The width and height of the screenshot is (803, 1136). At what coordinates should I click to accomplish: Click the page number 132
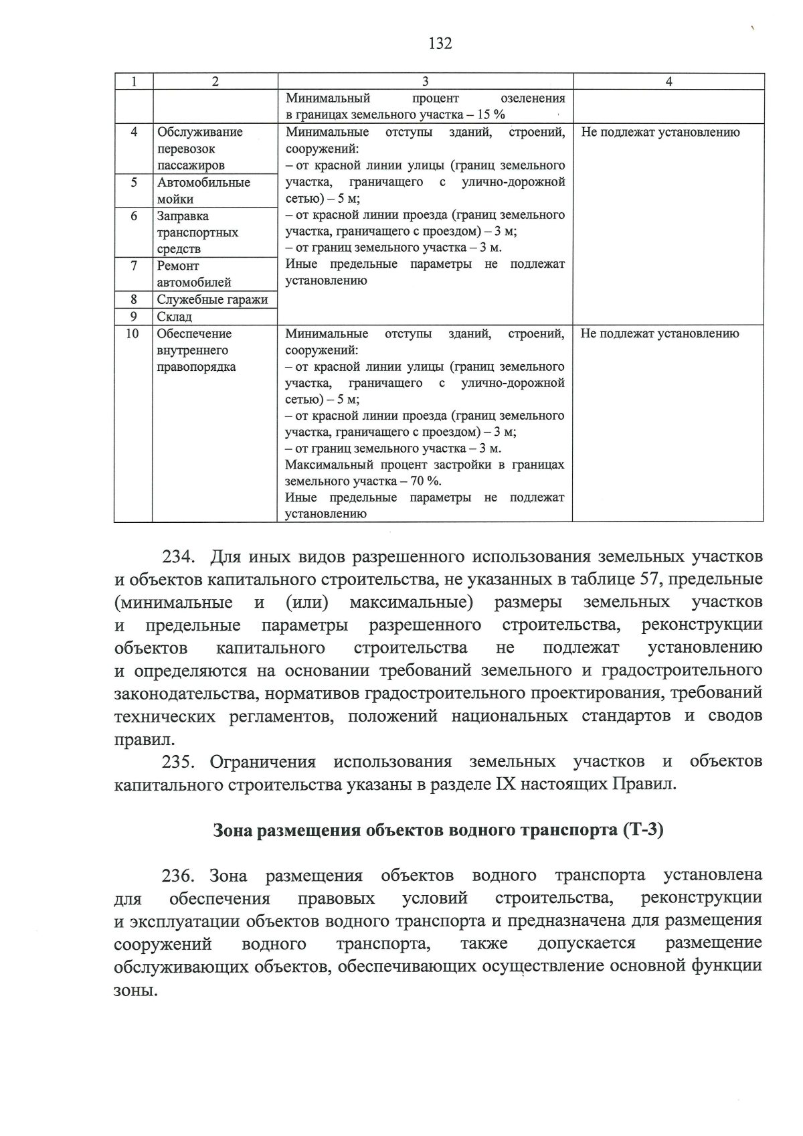point(440,44)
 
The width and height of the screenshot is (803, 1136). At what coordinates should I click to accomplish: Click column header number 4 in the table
point(668,82)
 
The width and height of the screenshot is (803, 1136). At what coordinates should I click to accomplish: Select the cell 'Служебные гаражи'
point(212,300)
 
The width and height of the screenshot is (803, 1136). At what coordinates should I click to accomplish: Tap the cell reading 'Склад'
point(175,317)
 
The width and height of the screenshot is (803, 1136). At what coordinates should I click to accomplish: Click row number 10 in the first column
point(132,333)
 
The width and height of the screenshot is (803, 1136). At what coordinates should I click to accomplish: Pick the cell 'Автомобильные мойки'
point(203,191)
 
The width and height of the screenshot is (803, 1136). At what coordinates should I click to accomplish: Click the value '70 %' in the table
point(426,481)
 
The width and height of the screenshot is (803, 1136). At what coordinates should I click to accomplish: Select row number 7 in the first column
point(134,266)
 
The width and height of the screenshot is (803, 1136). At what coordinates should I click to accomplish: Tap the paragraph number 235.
point(178,762)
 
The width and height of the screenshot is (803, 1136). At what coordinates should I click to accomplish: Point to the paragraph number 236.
point(178,876)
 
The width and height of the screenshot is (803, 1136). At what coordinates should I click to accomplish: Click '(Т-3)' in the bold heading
point(642,830)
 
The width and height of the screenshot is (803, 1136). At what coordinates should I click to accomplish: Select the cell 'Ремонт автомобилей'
point(194,274)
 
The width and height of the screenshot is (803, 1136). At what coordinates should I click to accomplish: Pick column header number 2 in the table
point(215,82)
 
